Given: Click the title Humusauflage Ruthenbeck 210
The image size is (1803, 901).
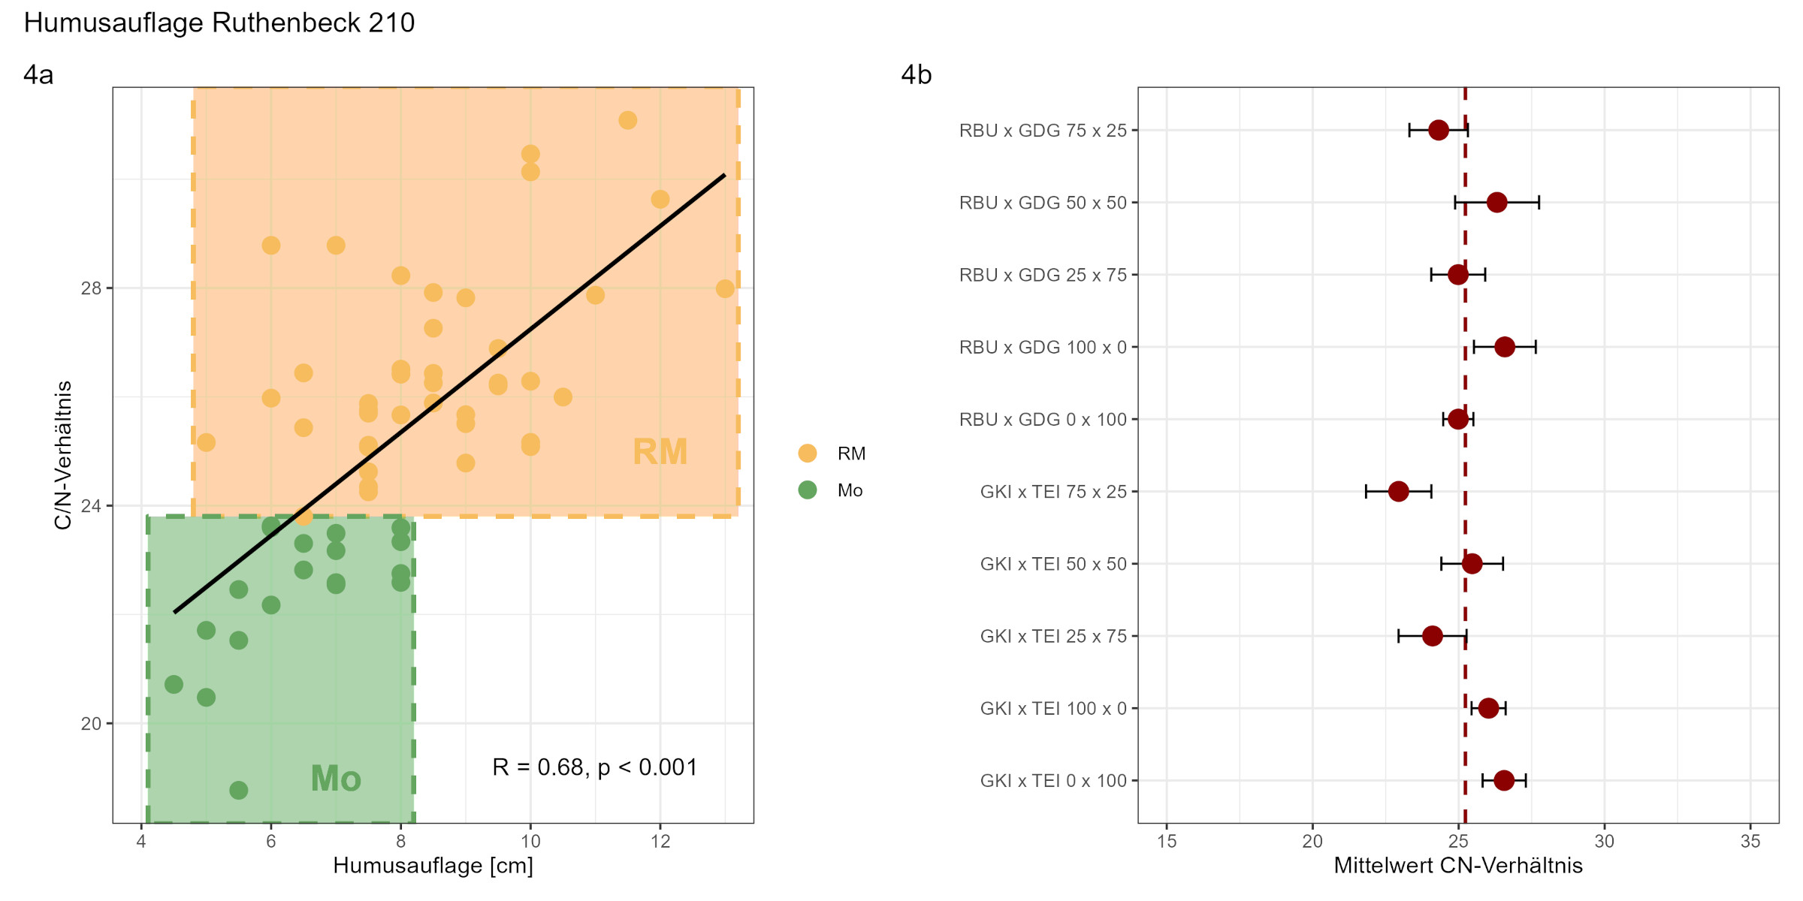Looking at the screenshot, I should tap(219, 23).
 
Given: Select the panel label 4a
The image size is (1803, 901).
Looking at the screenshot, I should tap(38, 75).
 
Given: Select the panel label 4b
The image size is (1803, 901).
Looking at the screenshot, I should tap(916, 75).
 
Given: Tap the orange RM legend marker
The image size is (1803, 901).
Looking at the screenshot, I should tap(807, 454).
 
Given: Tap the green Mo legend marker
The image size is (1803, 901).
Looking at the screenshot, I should tap(807, 490).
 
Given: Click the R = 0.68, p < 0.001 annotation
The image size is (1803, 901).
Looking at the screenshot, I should tap(594, 767).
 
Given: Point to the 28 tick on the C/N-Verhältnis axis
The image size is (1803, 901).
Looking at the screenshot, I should tap(91, 288).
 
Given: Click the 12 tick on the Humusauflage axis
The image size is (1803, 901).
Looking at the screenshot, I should tap(660, 842).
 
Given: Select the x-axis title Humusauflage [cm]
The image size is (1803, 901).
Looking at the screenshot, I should tap(433, 866).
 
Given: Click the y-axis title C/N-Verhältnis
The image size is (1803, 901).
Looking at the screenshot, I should tap(63, 455).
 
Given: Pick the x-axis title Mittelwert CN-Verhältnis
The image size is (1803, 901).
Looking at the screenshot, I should tap(1457, 866).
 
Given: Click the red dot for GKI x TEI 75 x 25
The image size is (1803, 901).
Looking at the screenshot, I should tap(1398, 492).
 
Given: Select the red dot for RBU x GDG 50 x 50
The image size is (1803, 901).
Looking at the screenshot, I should tap(1496, 203).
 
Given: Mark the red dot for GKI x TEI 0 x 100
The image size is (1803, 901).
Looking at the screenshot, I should tap(1503, 781).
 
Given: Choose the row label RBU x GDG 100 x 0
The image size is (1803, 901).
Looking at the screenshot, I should tap(1043, 347).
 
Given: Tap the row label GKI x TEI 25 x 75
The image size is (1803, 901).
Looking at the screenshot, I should tap(1053, 637).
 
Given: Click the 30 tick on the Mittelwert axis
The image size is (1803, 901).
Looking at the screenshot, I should tap(1604, 842).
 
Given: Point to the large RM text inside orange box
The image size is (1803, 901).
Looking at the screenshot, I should tap(660, 452).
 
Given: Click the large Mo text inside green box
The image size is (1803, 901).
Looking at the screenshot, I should tap(336, 779).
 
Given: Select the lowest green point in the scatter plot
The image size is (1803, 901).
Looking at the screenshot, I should tap(238, 790).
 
